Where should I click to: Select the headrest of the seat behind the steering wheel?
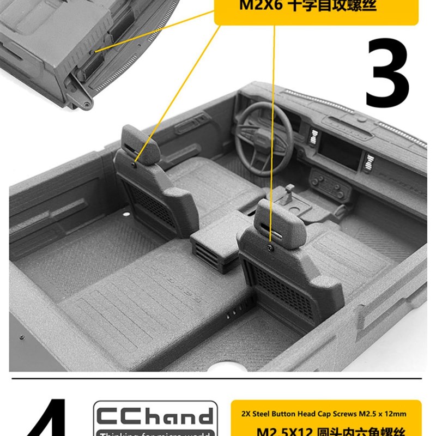(140, 143)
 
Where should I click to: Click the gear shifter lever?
(289, 193)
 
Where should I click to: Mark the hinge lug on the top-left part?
(86, 102)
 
